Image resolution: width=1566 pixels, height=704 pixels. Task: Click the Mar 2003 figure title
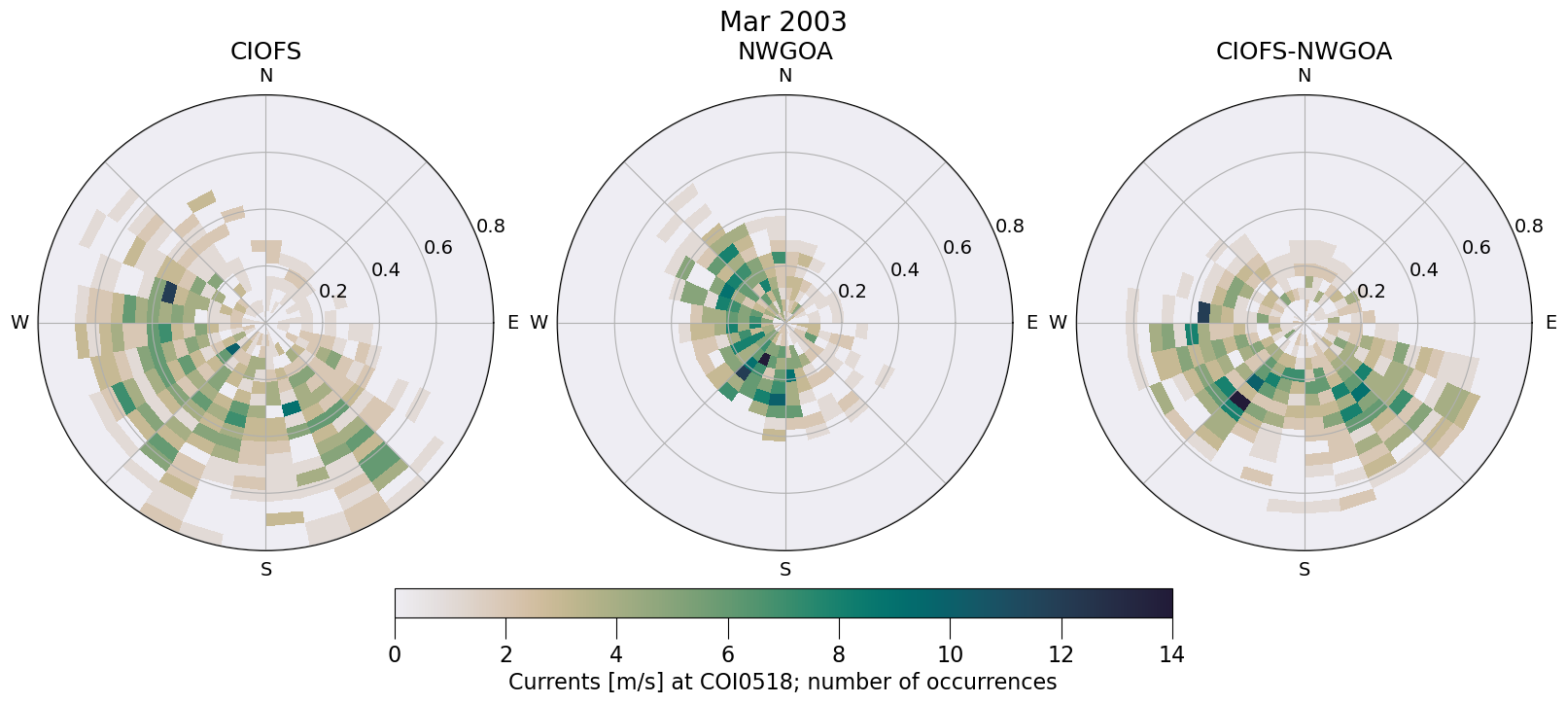click(783, 21)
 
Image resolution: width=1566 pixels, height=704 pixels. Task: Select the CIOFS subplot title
click(265, 52)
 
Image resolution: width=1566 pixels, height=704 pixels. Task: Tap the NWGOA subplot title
click(784, 52)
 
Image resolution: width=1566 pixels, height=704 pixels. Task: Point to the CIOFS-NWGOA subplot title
click(1304, 52)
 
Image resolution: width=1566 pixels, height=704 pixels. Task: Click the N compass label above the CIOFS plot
click(265, 76)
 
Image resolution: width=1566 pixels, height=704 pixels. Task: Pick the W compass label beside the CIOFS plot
click(19, 323)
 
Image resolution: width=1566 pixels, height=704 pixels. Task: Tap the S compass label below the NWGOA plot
click(784, 570)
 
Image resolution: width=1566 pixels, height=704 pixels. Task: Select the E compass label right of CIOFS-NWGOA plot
click(1550, 323)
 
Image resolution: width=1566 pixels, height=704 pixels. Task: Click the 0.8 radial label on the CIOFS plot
click(491, 227)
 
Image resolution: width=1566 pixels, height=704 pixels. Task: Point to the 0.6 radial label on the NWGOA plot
click(957, 248)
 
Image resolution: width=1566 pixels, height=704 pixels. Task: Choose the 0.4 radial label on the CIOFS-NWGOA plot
click(1424, 269)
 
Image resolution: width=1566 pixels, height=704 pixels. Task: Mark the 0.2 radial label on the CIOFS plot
click(333, 292)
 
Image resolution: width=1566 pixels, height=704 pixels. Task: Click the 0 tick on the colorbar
click(395, 654)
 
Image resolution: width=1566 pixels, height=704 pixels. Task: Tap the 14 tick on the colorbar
click(1171, 654)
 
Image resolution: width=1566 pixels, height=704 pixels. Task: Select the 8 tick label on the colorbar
click(838, 654)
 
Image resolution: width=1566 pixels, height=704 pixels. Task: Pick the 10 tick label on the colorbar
click(950, 654)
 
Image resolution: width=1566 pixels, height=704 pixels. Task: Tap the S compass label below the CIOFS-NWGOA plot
click(1304, 570)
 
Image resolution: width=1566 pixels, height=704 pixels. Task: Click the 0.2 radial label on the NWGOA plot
click(853, 292)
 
